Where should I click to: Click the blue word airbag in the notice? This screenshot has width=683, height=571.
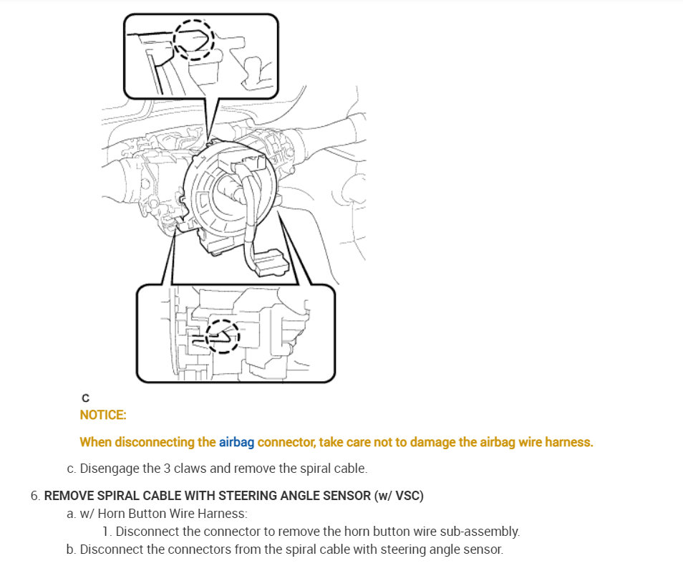(236, 442)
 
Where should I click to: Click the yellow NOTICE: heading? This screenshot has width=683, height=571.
(103, 415)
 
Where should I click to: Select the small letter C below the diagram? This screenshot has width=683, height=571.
(85, 398)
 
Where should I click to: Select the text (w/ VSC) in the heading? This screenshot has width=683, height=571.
(399, 496)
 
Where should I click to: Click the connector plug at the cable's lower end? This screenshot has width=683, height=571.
(272, 262)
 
